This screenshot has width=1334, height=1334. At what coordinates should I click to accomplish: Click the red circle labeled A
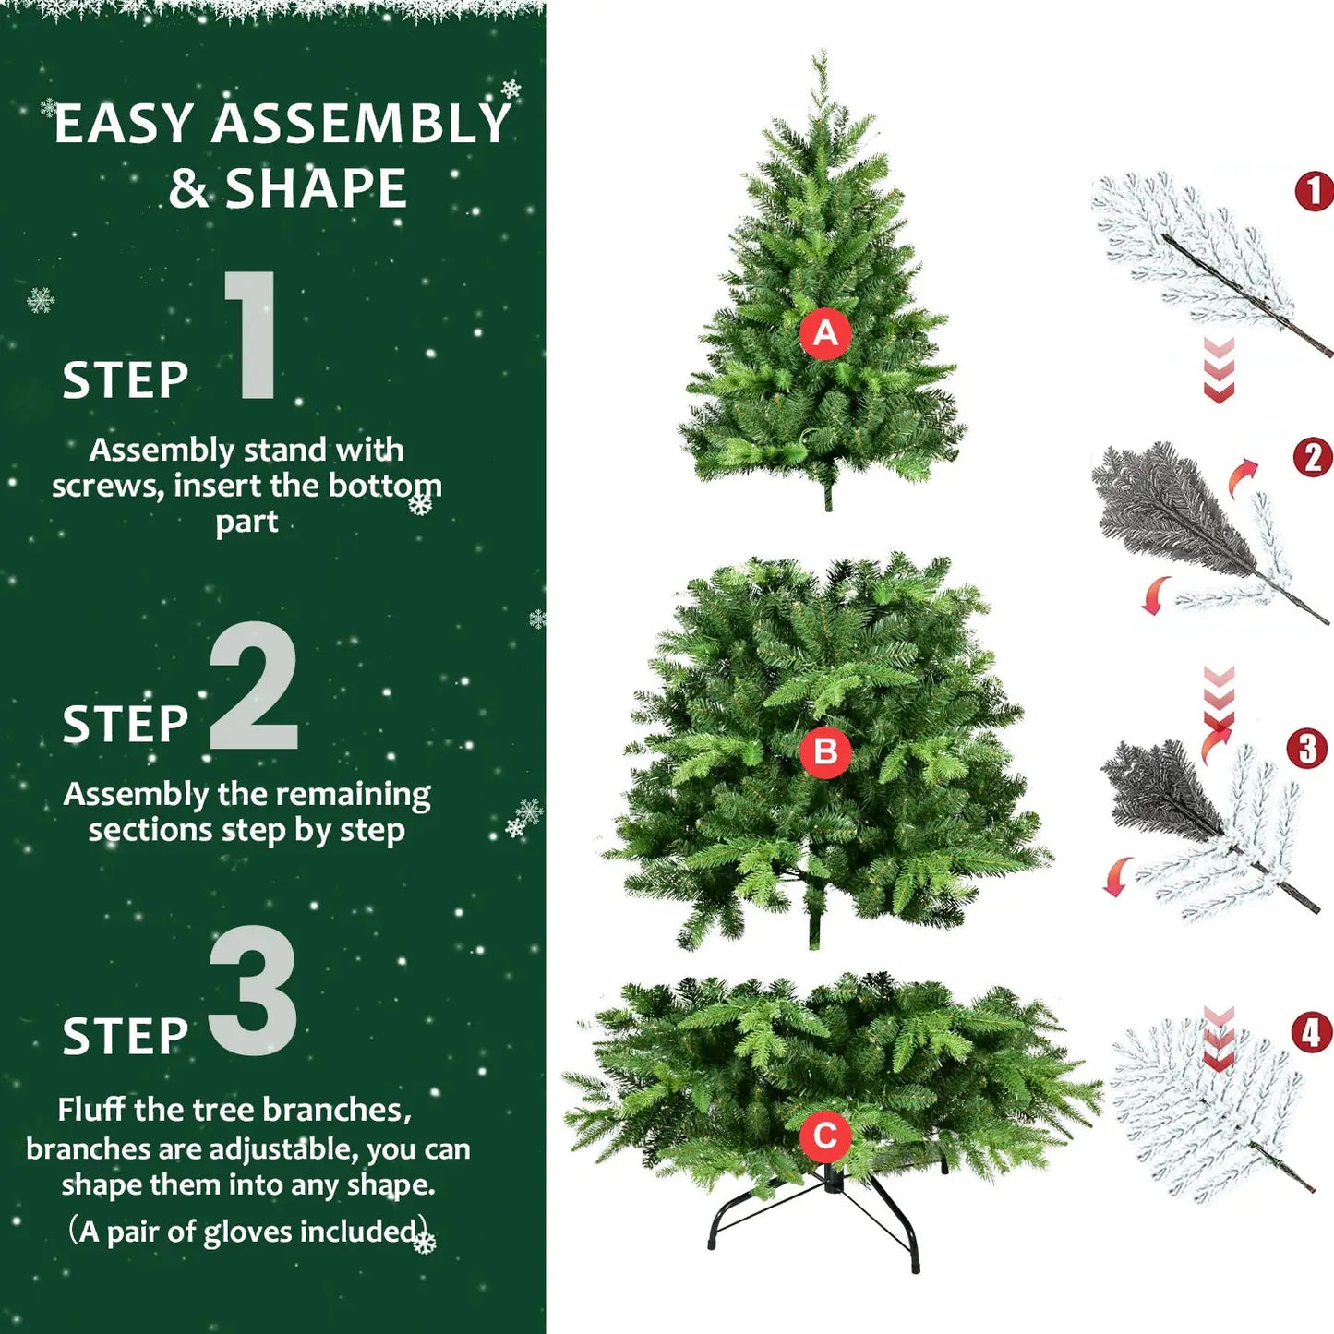(825, 333)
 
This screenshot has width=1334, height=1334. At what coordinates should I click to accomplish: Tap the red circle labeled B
(825, 751)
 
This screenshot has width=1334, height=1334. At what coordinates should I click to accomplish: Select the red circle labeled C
(824, 1136)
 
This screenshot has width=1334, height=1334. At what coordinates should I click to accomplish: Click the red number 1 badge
(1314, 191)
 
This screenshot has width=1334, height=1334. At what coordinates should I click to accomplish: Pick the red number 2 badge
(1313, 457)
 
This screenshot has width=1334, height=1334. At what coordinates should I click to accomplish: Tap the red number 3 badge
(1307, 749)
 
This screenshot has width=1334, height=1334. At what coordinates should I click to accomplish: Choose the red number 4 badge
(1311, 1032)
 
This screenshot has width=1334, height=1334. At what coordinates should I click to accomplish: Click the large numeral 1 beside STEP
(252, 335)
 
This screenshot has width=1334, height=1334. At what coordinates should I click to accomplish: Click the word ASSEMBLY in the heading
(361, 124)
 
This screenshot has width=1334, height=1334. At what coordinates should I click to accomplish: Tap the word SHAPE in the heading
(316, 189)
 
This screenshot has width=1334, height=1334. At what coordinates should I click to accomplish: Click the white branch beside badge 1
(1191, 249)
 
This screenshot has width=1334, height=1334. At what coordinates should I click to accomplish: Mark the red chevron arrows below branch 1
(1219, 370)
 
